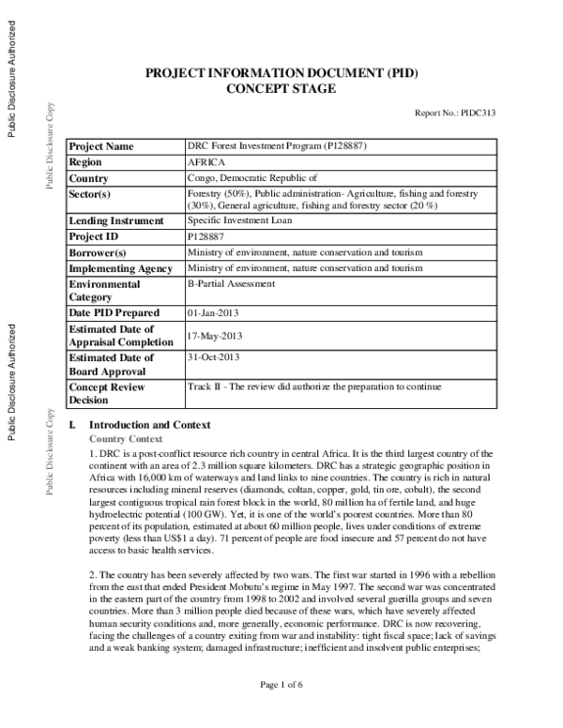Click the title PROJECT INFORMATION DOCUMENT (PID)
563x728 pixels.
click(x=281, y=73)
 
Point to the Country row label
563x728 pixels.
click(x=89, y=178)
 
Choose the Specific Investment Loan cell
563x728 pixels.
click(x=239, y=220)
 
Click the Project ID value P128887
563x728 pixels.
click(x=208, y=236)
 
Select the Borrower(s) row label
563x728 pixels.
click(x=98, y=252)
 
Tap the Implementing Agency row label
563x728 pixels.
click(x=120, y=268)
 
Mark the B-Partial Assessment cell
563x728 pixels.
click(x=231, y=283)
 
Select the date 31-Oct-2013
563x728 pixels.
click(x=215, y=357)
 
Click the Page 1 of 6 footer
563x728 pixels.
click(x=281, y=711)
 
